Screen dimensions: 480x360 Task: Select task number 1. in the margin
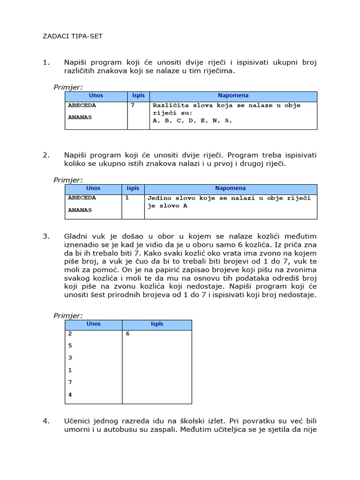[46, 63]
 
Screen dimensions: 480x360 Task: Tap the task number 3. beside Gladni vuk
[46, 236]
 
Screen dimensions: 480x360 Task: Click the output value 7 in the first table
[133, 105]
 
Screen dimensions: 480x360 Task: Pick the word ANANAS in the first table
[80, 117]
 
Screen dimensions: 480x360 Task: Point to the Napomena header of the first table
[233, 96]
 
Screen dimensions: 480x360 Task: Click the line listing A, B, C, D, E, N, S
[192, 120]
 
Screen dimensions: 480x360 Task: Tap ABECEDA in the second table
[82, 198]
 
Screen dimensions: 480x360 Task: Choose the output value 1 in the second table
[127, 198]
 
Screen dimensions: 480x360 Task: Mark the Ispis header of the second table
[133, 188]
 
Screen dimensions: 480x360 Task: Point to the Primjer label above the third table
[68, 315]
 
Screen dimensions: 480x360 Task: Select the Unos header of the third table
[94, 324]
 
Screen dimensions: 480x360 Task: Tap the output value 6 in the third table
[127, 334]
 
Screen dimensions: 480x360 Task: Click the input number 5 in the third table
[70, 345]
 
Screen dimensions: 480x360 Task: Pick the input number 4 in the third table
[70, 394]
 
